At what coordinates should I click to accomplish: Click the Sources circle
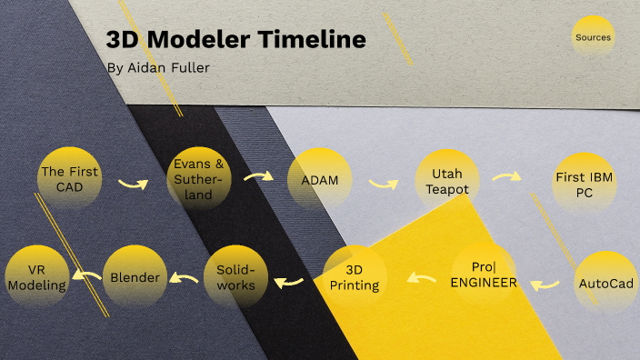tap(593, 38)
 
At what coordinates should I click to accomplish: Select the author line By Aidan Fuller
tap(165, 68)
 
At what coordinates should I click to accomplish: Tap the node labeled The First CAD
tap(70, 177)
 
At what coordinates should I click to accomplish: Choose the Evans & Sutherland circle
tap(199, 178)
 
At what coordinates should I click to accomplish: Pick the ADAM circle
tap(319, 180)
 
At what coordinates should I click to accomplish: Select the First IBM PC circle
tap(584, 183)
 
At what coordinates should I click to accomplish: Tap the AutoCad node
tap(605, 283)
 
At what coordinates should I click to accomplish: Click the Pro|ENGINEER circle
tap(484, 275)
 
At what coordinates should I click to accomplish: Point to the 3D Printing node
tap(355, 276)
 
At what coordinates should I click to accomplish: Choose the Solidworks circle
tap(235, 277)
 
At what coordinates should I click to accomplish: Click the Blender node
tap(135, 276)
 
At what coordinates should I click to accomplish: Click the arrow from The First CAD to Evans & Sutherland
tap(133, 184)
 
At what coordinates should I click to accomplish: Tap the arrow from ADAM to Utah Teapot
tap(383, 183)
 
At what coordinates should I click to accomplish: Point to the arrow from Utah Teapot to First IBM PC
tap(505, 176)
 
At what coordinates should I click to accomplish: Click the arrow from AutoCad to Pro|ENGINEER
tap(545, 285)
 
